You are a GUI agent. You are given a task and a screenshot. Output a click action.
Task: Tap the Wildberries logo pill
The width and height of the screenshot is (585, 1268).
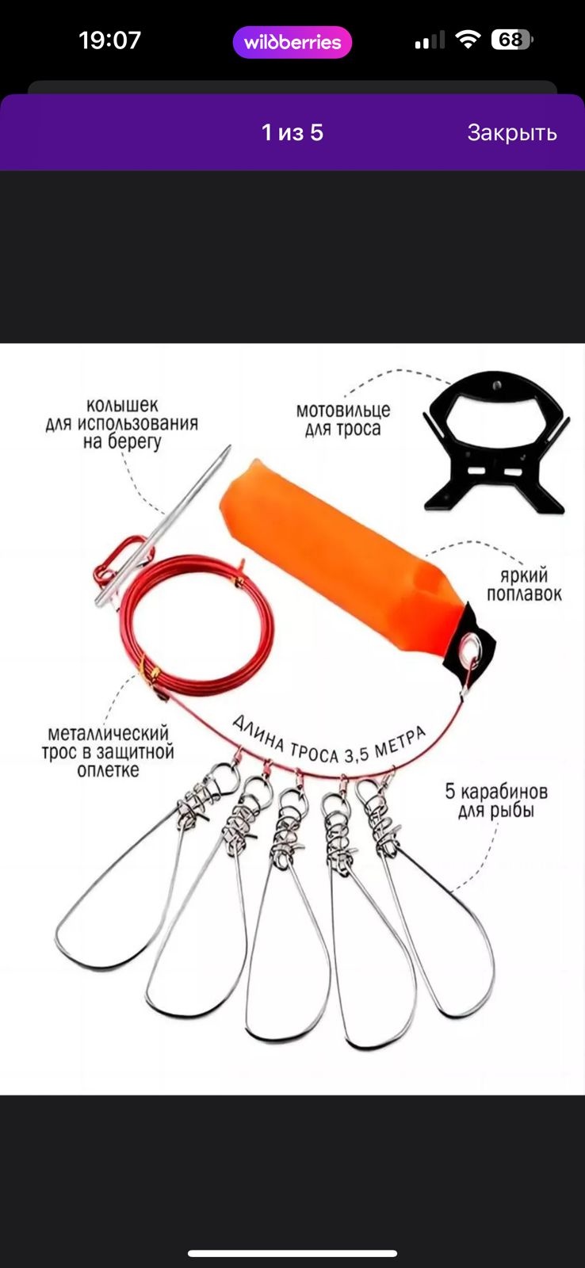click(x=292, y=43)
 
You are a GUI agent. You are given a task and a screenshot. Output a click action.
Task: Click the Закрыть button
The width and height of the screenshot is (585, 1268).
click(x=512, y=133)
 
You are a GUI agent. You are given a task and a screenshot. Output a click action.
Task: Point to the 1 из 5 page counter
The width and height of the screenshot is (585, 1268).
click(x=292, y=132)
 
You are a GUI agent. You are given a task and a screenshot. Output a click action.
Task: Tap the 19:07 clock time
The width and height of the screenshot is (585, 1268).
click(x=110, y=40)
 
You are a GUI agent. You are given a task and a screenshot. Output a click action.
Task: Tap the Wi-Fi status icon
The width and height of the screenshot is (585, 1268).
click(x=468, y=40)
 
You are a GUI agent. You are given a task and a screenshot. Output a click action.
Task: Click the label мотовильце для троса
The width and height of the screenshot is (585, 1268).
click(x=343, y=419)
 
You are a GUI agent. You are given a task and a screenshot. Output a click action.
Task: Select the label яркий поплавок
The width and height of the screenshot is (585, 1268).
click(x=524, y=584)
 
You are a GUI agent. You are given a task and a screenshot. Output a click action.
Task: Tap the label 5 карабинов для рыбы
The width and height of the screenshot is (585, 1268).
click(x=496, y=800)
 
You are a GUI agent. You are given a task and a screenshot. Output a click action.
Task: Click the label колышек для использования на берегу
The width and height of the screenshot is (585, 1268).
click(x=122, y=423)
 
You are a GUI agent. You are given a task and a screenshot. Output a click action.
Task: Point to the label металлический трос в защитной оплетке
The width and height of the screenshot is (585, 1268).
click(x=108, y=751)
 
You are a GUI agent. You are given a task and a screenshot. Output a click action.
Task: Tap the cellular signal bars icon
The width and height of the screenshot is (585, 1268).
click(x=430, y=40)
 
